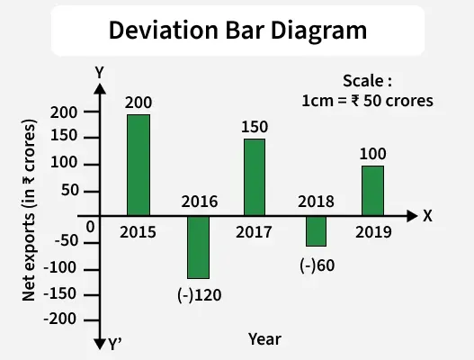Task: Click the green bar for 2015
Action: coord(138,165)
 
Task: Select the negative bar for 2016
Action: coord(198,247)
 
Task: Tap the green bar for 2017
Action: coord(255,177)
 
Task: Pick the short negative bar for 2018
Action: coord(316,231)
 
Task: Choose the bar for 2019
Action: coord(372,191)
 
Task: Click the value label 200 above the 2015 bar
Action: coord(138,102)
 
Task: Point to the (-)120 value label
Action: coord(200,292)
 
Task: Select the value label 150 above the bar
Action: coord(255,126)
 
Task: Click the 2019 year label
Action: coord(372,232)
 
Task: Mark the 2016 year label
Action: coord(199,202)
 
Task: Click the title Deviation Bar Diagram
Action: coord(237,30)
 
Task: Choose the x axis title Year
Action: coord(264,339)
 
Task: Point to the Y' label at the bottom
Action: coord(115,343)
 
